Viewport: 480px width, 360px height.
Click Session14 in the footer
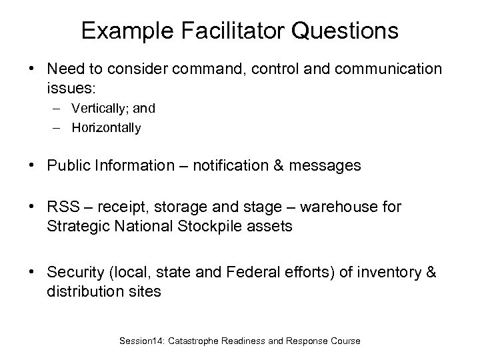click(x=142, y=341)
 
